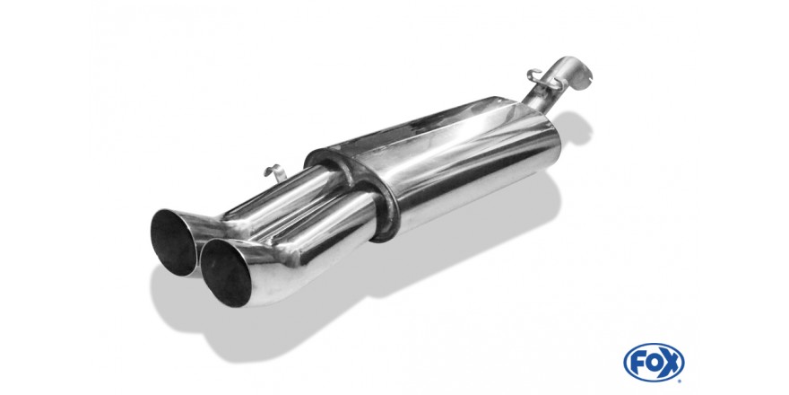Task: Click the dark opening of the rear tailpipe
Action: [173, 242]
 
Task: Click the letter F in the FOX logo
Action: [638, 363]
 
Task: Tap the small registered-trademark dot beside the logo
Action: [681, 381]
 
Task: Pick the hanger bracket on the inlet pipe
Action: [544, 80]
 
